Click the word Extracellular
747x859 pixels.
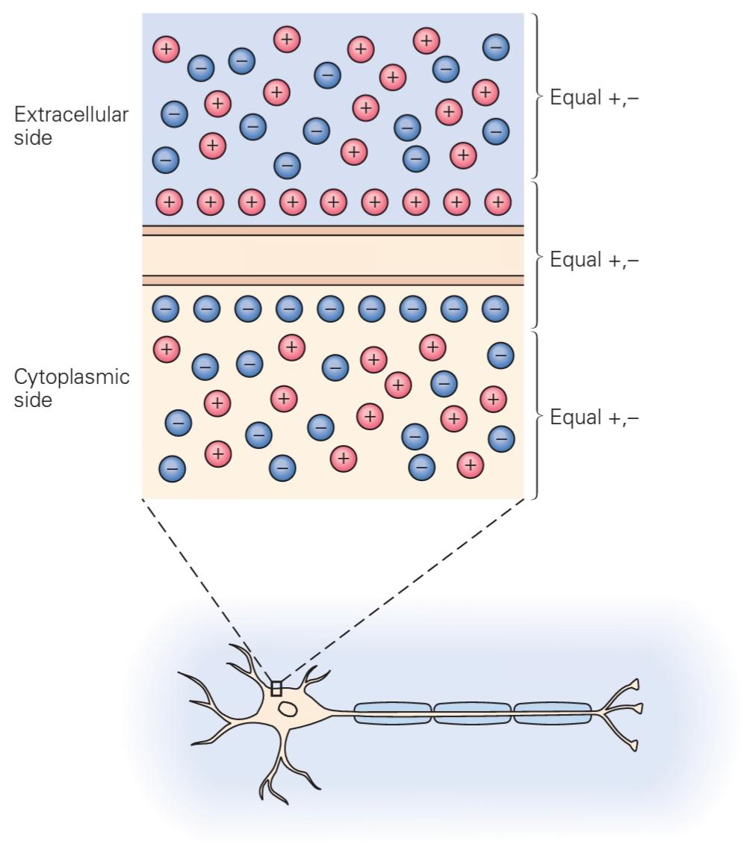click(71, 116)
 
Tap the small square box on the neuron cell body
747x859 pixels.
click(276, 688)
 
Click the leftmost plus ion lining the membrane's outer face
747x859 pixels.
click(169, 201)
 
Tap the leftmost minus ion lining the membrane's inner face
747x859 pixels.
click(166, 307)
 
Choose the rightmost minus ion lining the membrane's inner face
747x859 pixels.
click(494, 307)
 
